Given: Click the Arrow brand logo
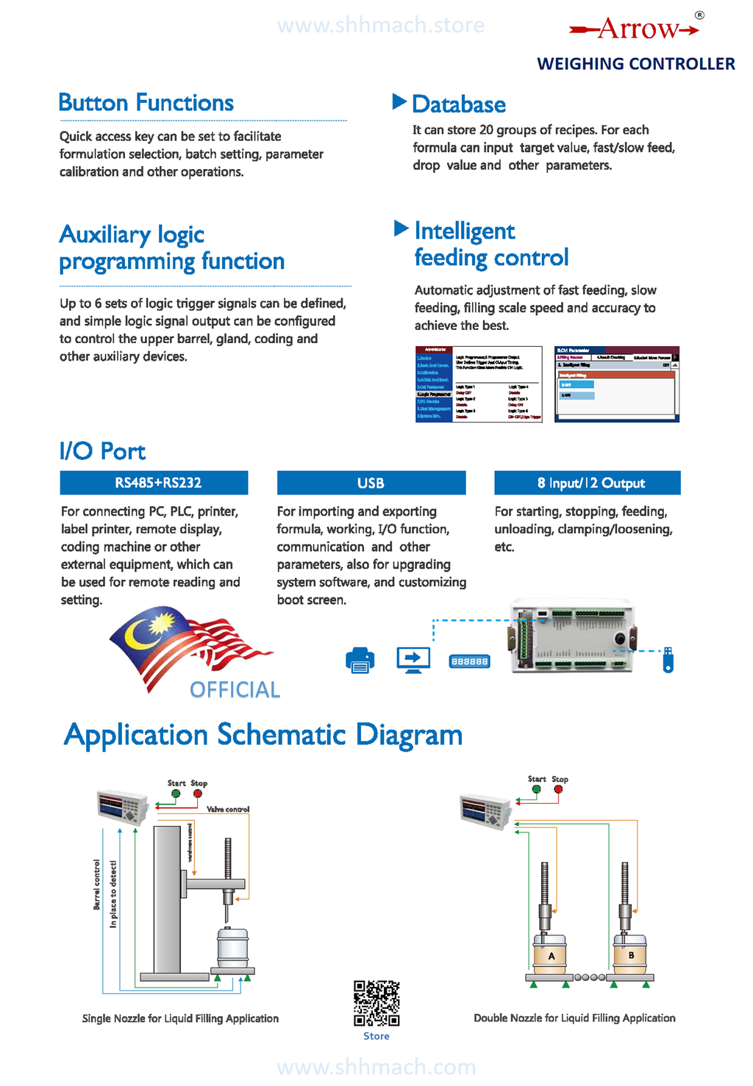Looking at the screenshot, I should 634,29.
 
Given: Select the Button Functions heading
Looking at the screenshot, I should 146,103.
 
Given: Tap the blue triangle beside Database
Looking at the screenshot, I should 399,101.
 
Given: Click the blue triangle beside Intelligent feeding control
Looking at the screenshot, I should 401,229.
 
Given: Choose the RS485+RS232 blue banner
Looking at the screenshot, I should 154,483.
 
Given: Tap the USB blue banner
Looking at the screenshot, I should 371,483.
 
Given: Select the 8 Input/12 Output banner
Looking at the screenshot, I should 587,483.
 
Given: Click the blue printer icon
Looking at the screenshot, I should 360,660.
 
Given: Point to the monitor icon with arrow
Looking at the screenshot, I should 413,659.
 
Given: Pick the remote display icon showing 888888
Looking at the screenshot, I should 469,661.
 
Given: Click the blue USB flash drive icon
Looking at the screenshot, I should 668,659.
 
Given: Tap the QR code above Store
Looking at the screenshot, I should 376,1003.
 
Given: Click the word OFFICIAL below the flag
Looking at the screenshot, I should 235,689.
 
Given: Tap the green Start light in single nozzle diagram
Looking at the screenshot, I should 176,794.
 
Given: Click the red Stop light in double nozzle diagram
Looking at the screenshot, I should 559,789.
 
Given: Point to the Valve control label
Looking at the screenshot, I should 228,809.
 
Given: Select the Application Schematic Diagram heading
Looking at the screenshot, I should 263,735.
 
